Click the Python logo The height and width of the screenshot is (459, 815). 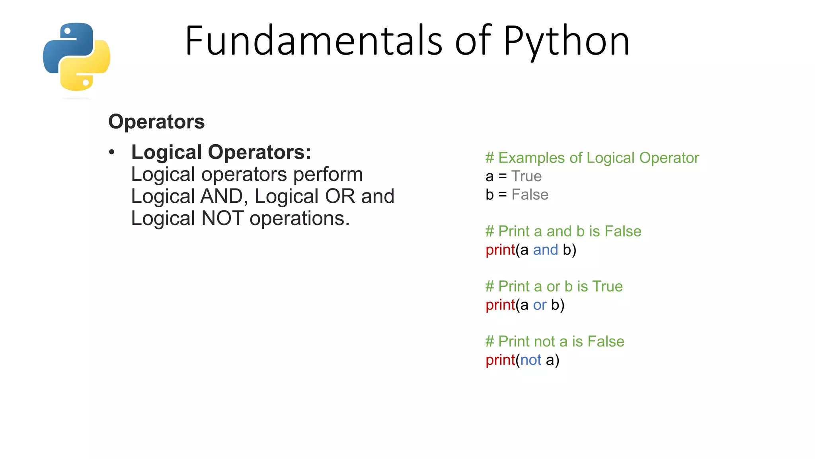tap(76, 57)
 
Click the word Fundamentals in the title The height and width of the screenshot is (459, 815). tap(313, 41)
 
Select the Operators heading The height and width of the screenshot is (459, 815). tap(156, 122)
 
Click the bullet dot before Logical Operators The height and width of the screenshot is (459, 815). tap(112, 152)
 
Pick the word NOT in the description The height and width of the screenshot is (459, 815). tap(222, 218)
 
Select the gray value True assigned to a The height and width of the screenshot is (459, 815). tap(526, 176)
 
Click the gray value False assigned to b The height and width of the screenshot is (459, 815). tap(530, 195)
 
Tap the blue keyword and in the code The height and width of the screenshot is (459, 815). tap(545, 250)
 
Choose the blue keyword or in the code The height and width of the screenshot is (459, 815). tap(540, 305)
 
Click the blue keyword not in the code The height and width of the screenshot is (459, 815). tap(530, 360)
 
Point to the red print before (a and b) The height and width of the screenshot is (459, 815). tap(500, 250)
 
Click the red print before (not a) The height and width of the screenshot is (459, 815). tap(500, 360)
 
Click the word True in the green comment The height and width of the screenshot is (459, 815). tap(607, 286)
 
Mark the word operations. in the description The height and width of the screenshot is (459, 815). tap(299, 219)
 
